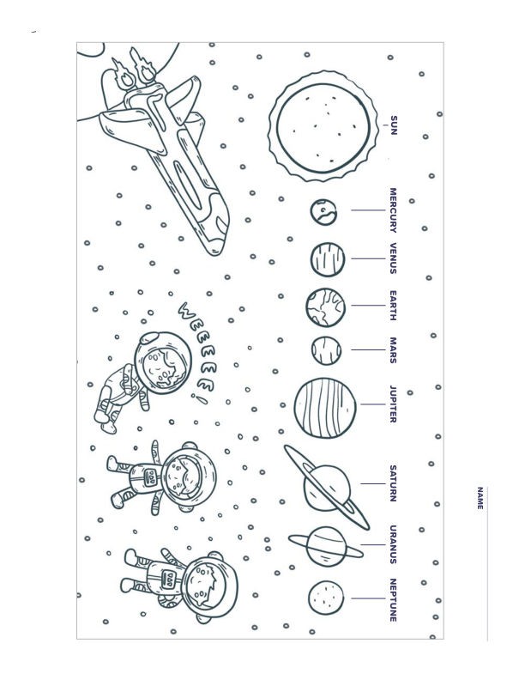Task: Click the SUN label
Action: tap(393, 125)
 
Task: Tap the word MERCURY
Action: tap(393, 209)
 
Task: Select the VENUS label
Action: tap(393, 258)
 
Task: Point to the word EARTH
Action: tap(393, 306)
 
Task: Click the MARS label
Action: tap(393, 350)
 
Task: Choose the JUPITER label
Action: tap(393, 404)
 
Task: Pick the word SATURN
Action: tap(393, 483)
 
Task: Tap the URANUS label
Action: tap(393, 544)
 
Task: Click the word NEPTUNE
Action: tap(393, 600)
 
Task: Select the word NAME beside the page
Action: tap(480, 498)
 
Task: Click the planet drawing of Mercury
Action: tap(323, 212)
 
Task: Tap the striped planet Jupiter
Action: tap(325, 408)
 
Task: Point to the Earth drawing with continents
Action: tap(325, 307)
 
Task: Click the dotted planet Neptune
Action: tap(326, 598)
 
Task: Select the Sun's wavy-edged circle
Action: tap(323, 125)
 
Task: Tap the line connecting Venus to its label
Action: tap(368, 258)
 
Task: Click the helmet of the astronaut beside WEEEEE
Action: tap(162, 362)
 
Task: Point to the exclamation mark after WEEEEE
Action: tap(200, 399)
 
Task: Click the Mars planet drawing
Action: tap(326, 350)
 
